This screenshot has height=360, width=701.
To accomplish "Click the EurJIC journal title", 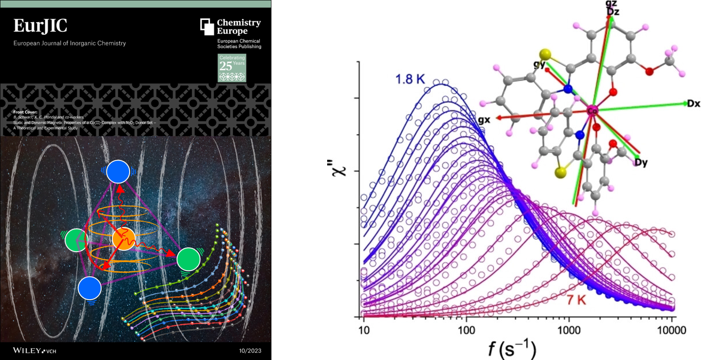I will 40,26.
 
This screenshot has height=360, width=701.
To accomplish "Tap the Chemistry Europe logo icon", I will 207,26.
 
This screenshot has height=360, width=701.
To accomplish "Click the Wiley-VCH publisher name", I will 34,350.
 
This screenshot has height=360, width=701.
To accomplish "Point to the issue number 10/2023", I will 250,350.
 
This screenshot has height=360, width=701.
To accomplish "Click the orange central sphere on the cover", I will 124,239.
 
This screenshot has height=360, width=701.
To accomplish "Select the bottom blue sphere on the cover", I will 90,288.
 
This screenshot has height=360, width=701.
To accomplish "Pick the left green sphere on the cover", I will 76,239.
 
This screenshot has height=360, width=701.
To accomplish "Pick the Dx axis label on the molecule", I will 693,103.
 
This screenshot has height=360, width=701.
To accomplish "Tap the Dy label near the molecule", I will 641,162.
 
